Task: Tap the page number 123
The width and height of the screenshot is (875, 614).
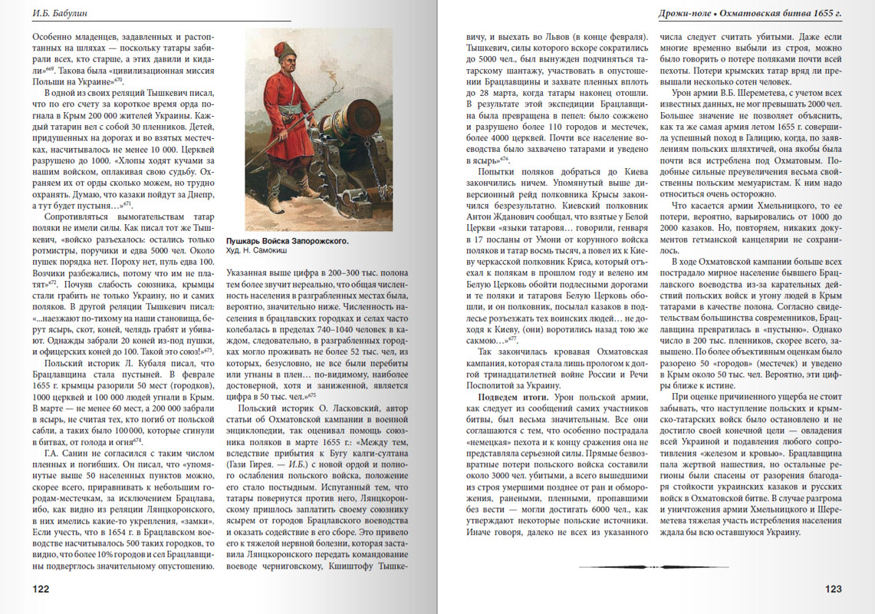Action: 833,589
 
